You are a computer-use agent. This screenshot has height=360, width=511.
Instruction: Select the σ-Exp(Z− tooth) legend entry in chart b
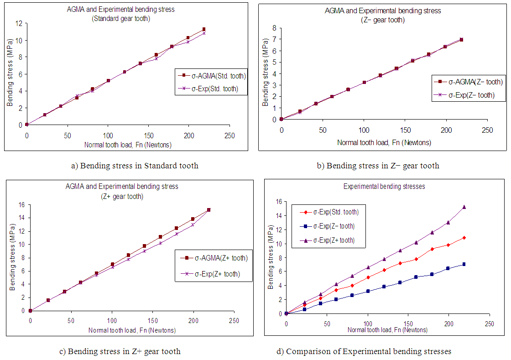[470, 95]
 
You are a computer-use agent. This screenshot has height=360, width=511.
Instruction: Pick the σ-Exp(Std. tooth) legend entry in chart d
[335, 212]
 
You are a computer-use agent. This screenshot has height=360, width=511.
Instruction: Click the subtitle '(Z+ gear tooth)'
[122, 197]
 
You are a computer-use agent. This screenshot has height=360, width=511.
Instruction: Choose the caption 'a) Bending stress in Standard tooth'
[135, 166]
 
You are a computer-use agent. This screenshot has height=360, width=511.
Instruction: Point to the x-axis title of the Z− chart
[384, 142]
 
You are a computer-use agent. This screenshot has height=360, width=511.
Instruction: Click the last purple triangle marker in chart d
[464, 207]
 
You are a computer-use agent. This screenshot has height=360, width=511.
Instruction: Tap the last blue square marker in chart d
[464, 264]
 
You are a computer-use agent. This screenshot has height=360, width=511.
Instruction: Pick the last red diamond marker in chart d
[464, 238]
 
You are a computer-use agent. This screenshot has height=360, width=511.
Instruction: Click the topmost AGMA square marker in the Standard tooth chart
[203, 29]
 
